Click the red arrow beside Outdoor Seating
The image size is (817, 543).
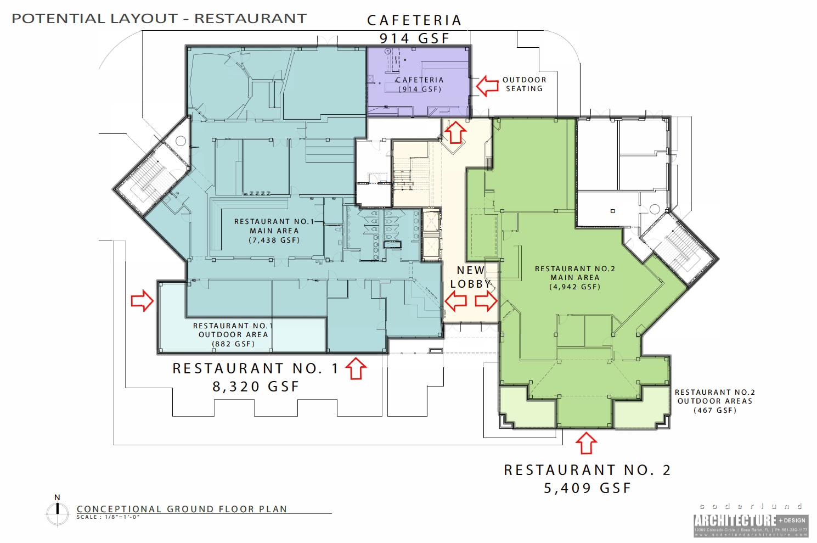pyautogui.click(x=487, y=86)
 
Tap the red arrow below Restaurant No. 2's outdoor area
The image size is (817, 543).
pyautogui.click(x=587, y=443)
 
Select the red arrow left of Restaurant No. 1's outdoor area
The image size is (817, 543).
pyautogui.click(x=142, y=301)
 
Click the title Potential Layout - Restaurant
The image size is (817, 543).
pyautogui.click(x=159, y=19)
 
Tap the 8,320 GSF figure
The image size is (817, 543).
pyautogui.click(x=256, y=387)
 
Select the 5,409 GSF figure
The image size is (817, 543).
pyautogui.click(x=587, y=488)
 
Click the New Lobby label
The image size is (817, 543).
pyautogui.click(x=471, y=277)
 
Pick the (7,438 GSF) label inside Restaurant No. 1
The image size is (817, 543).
pyautogui.click(x=274, y=240)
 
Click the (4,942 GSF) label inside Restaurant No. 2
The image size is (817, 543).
pyautogui.click(x=575, y=287)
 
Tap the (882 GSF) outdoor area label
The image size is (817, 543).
pyautogui.click(x=233, y=344)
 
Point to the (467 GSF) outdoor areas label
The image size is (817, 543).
pyautogui.click(x=715, y=410)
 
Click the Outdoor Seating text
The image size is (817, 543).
pyautogui.click(x=524, y=84)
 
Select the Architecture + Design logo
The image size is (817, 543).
pyautogui.click(x=751, y=522)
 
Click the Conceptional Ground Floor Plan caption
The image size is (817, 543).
pyautogui.click(x=182, y=509)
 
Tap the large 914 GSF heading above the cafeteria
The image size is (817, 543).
pyautogui.click(x=414, y=38)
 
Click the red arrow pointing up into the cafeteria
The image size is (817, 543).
pyautogui.click(x=455, y=132)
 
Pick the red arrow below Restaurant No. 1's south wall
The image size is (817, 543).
pyautogui.click(x=356, y=368)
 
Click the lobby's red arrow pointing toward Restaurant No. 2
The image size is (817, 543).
pyautogui.click(x=486, y=301)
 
